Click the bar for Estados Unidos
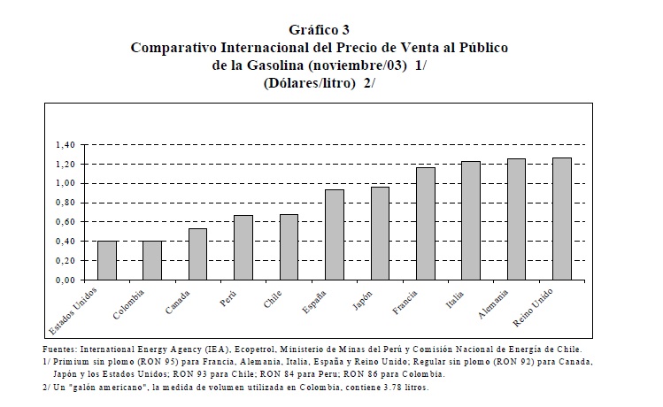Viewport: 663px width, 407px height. pos(107,260)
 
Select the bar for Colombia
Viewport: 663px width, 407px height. pos(152,260)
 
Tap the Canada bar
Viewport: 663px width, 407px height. pos(198,254)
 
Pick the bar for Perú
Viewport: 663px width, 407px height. pos(243,248)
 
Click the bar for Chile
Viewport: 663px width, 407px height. pos(289,247)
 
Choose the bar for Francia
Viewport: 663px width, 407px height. pos(426,224)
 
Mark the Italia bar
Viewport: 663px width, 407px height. pos(471,220)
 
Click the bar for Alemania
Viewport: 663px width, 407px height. pos(516,219)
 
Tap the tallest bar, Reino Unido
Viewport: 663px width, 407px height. pos(562,219)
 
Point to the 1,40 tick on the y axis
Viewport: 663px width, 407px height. pos(66,144)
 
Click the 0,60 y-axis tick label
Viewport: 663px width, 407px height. pos(66,221)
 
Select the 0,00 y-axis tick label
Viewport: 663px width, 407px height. pos(66,280)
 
